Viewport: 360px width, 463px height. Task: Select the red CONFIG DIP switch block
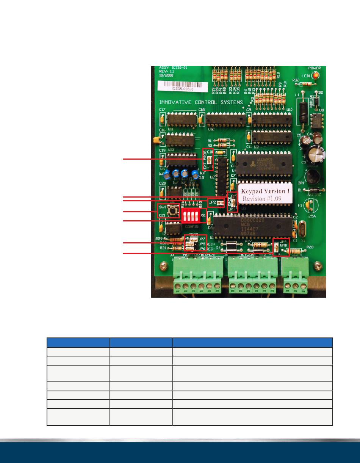(x=191, y=217)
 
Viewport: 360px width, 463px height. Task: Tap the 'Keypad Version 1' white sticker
(x=265, y=193)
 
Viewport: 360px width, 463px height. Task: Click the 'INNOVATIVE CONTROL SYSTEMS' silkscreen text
(x=201, y=102)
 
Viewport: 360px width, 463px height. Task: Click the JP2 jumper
(x=219, y=204)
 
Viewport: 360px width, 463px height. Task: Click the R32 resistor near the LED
(x=303, y=84)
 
